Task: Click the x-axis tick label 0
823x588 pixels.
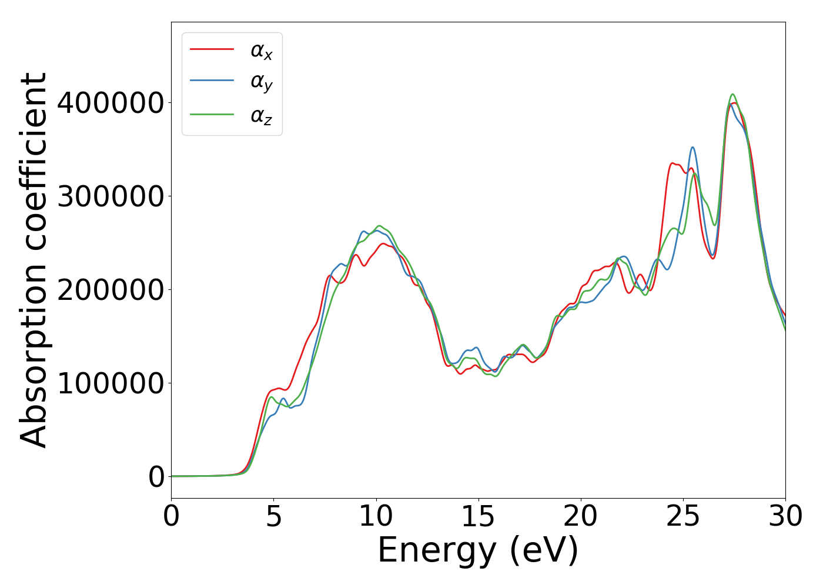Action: pyautogui.click(x=171, y=517)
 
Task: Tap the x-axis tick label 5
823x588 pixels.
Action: pyautogui.click(x=273, y=517)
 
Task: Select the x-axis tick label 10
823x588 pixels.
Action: pyautogui.click(x=376, y=517)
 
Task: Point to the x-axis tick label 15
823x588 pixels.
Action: pyautogui.click(x=479, y=517)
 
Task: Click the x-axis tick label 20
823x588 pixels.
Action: pyautogui.click(x=581, y=517)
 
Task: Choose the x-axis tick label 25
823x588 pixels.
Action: pyautogui.click(x=683, y=517)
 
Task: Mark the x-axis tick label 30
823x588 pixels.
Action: pyautogui.click(x=785, y=517)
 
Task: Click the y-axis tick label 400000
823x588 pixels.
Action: pyautogui.click(x=111, y=103)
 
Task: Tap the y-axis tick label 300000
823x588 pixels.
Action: pyautogui.click(x=111, y=196)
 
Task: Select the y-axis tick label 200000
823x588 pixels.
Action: pyautogui.click(x=111, y=290)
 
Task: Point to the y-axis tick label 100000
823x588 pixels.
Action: pyautogui.click(x=111, y=383)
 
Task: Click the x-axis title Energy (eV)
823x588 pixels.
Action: pyautogui.click(x=478, y=551)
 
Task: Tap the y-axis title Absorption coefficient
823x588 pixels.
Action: pyautogui.click(x=34, y=260)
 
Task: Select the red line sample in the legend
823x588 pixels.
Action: pyautogui.click(x=212, y=49)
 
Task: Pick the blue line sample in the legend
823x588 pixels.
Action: pyautogui.click(x=212, y=81)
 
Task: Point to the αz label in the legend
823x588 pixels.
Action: pyautogui.click(x=262, y=116)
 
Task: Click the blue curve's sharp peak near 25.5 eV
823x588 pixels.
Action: pyautogui.click(x=692, y=148)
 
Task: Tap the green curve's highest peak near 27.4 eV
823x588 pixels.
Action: pyautogui.click(x=732, y=95)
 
